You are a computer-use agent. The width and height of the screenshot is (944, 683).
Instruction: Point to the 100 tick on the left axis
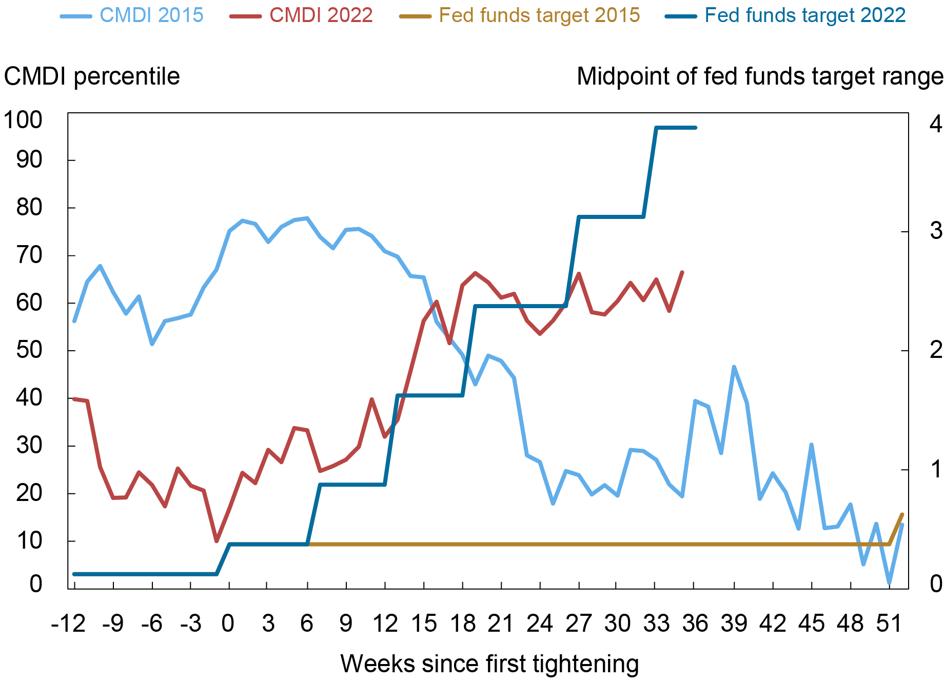(x=23, y=120)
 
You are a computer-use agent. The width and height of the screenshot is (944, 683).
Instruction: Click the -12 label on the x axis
(x=68, y=624)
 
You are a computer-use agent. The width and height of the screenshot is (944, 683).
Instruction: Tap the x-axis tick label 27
(x=579, y=624)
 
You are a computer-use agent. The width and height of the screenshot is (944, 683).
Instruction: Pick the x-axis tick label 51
(x=889, y=624)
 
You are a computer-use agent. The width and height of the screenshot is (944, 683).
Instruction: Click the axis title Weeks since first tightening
(x=489, y=664)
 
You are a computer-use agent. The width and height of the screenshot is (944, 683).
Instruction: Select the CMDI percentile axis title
(x=92, y=77)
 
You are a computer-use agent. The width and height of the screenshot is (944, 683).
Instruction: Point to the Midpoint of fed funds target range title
(x=759, y=77)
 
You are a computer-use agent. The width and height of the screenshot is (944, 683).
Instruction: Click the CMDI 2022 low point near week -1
(x=217, y=541)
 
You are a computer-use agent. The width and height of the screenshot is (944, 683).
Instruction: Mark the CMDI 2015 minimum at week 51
(x=889, y=583)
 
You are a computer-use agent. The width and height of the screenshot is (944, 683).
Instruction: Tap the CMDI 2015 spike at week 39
(x=734, y=367)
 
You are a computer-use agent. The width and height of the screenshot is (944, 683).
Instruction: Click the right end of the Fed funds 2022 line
(x=695, y=128)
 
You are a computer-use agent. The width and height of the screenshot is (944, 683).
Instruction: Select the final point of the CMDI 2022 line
(x=682, y=272)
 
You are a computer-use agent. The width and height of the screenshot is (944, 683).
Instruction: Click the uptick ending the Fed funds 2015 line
(x=901, y=514)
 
